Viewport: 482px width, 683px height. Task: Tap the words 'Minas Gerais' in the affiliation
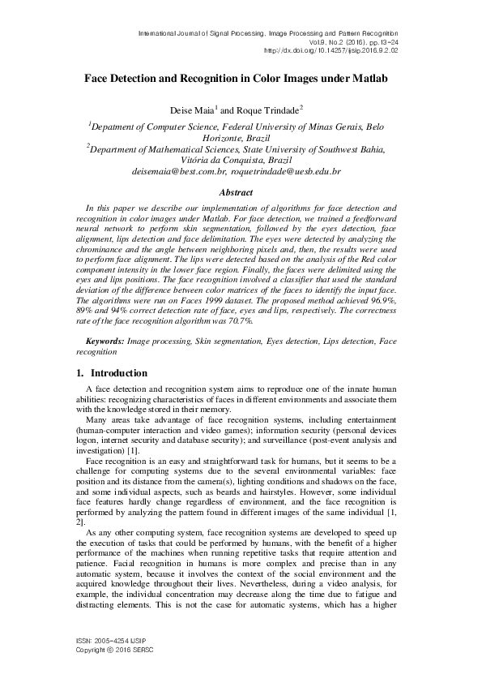[x=334, y=127]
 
